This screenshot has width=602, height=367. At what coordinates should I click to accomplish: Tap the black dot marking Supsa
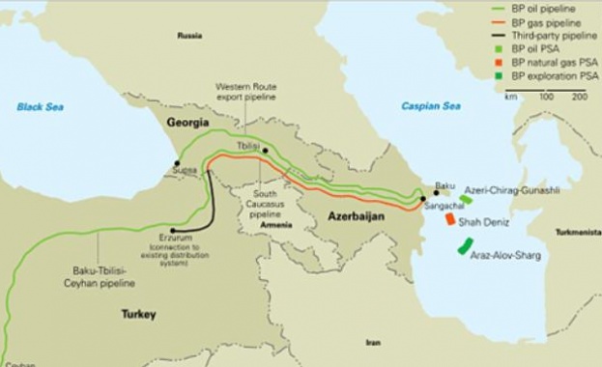pos(177,163)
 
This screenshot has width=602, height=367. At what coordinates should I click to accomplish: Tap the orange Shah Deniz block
pos(450,219)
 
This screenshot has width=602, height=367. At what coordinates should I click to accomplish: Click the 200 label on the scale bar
pos(579,97)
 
